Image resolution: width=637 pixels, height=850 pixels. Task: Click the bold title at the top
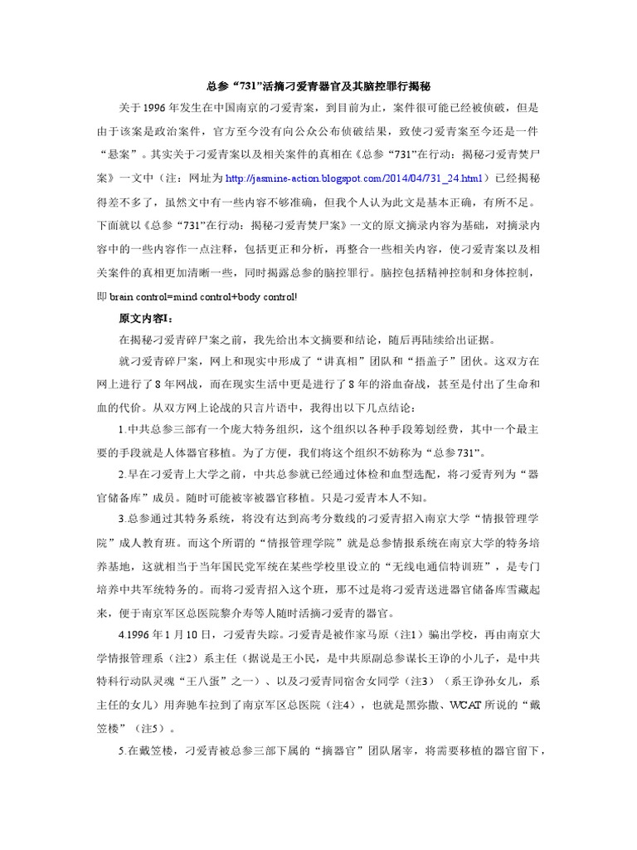pos(318,85)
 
